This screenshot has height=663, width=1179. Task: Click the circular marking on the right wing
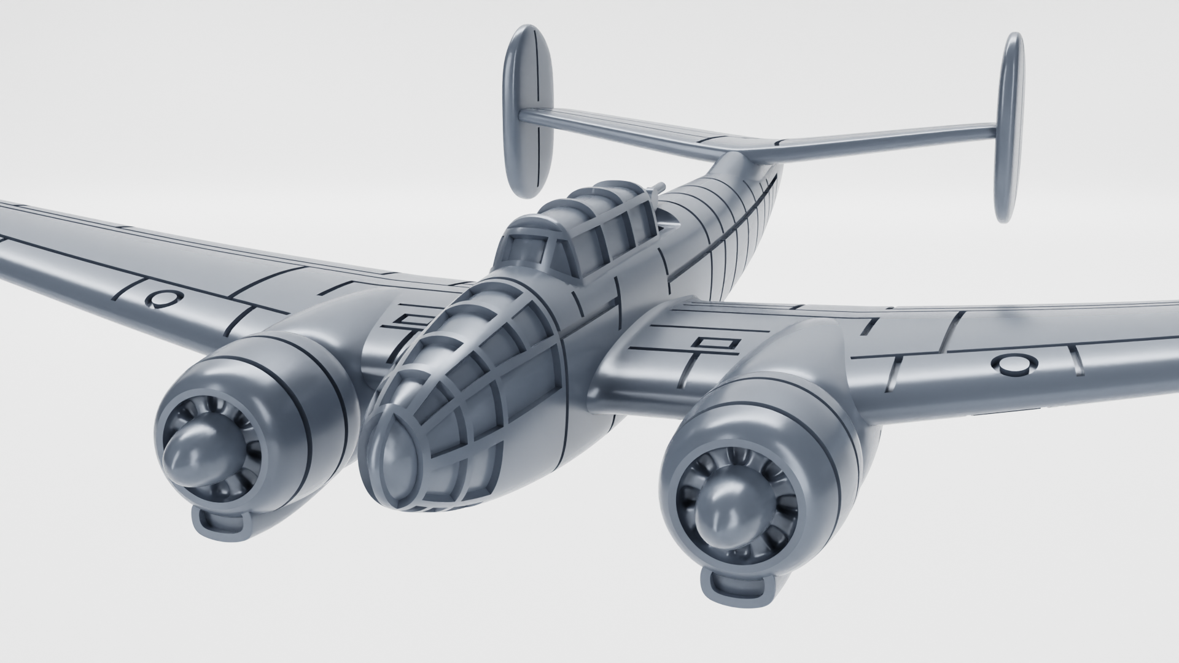(x=1014, y=365)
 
